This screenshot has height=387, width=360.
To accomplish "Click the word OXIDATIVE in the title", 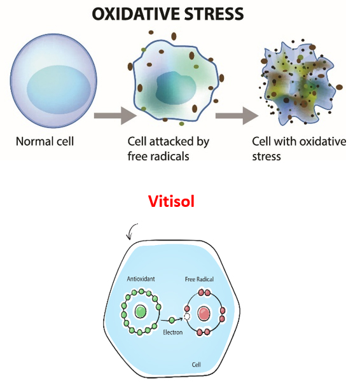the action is tap(137, 14).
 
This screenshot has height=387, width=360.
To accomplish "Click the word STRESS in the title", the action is tap(214, 14).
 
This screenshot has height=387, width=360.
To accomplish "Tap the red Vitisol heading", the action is tap(171, 201).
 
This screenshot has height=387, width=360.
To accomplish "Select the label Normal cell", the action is tap(45, 141).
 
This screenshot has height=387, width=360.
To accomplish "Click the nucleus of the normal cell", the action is tap(59, 90).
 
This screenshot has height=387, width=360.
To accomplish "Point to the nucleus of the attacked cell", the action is tap(176, 88).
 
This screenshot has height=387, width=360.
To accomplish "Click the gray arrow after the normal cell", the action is tap(115, 115).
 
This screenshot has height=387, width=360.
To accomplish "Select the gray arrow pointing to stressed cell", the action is tap(237, 115).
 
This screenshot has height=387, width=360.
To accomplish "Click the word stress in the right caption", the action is tap(267, 157).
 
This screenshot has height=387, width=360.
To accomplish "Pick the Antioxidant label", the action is tap(141, 279).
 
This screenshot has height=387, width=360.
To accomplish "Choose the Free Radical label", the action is tap(199, 279).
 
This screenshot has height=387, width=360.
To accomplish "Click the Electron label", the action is tap(172, 332).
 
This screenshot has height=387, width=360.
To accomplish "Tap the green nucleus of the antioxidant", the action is tap(141, 311).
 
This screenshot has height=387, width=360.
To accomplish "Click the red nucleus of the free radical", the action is tap(204, 314).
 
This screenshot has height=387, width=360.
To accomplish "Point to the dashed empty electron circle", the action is tap(188, 316).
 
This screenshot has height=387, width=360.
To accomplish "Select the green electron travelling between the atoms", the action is tap(172, 320).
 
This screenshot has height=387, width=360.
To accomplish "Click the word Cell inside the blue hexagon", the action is tap(197, 364).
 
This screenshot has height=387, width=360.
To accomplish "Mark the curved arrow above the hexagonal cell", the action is tap(130, 231).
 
